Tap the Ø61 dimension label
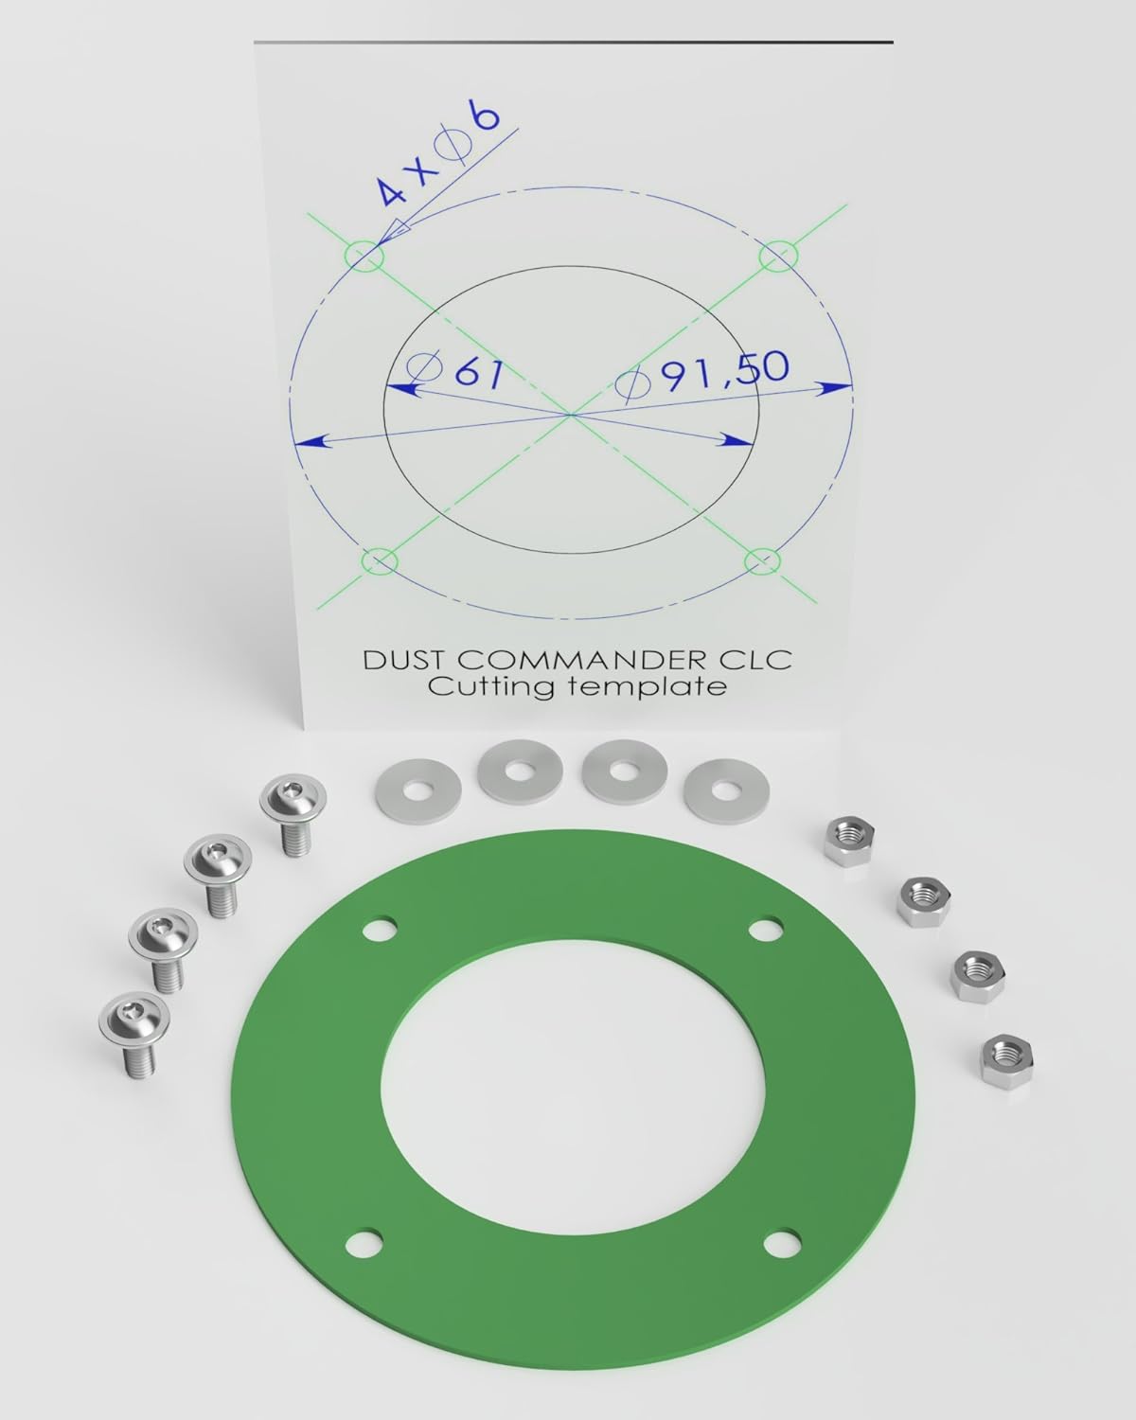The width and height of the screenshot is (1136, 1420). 455,374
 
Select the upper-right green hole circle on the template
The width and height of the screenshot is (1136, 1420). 779,256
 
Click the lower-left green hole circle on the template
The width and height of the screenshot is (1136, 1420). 380,561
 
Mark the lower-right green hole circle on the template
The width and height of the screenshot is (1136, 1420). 762,561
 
